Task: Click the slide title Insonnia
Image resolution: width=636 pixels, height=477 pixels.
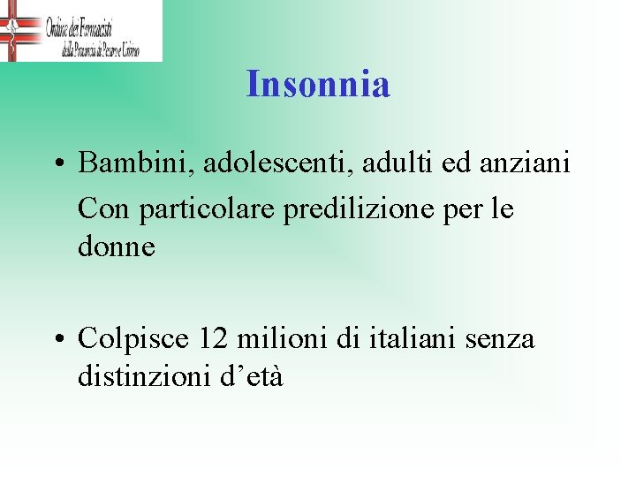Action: pos(318,85)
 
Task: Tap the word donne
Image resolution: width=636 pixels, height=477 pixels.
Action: pos(117,247)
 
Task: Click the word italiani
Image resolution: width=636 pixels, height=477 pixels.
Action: pos(408,338)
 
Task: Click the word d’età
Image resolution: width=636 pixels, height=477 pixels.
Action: pos(252,377)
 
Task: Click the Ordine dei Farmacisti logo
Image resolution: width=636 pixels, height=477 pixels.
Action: pos(81,30)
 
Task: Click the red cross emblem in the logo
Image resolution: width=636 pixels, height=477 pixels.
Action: pos(12,30)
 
